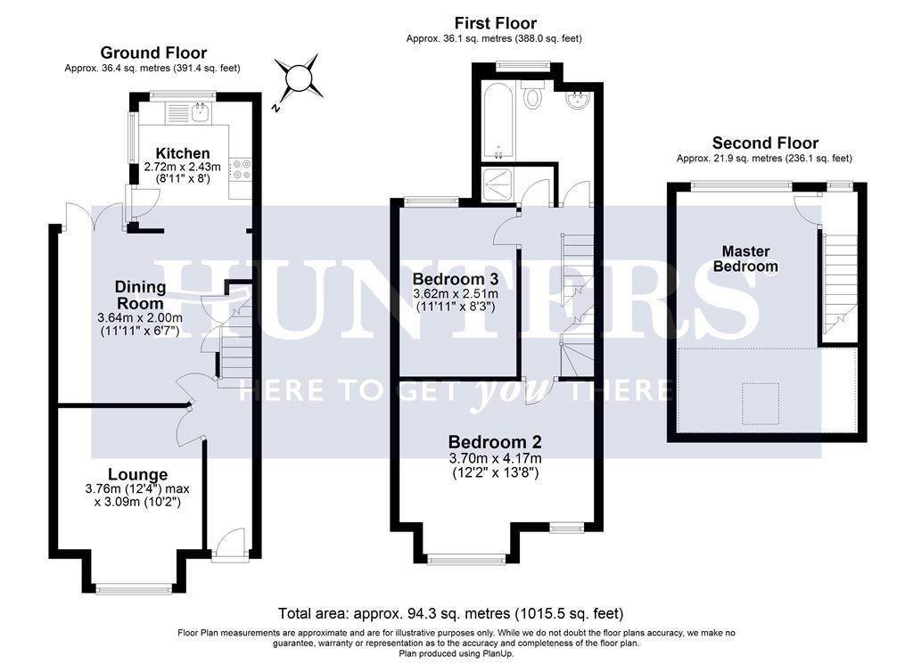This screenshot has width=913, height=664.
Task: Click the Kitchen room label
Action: [x=182, y=153]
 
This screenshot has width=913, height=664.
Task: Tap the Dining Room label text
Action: [x=140, y=295]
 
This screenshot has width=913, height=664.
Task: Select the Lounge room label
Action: [x=137, y=474]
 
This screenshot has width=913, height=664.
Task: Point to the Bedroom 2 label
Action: [x=495, y=441]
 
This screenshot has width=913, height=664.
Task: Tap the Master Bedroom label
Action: [x=745, y=258]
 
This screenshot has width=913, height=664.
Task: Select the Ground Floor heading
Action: [x=153, y=53]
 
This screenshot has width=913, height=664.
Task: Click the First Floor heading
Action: [x=495, y=23]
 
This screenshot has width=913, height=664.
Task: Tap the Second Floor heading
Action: [x=765, y=143]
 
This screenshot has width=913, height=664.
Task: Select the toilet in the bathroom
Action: [x=533, y=95]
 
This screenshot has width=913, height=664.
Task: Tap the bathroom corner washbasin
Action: [x=576, y=100]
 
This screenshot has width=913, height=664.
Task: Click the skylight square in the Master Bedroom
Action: [x=761, y=398]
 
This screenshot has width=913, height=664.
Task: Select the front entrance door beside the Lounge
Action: [x=228, y=542]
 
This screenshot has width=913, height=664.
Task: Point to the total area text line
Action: [x=450, y=613]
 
